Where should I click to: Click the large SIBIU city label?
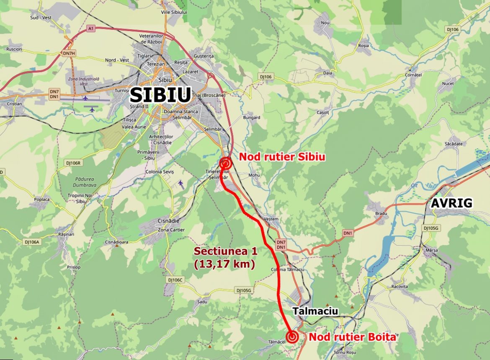(x=160, y=95)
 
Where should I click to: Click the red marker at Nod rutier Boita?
(x=292, y=336)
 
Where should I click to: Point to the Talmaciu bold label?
(x=315, y=311)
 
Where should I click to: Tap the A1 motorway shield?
(x=90, y=28)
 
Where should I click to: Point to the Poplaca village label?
(x=42, y=199)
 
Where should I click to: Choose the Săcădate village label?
(x=454, y=144)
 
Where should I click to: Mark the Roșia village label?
(x=364, y=45)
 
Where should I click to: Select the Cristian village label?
(x=14, y=103)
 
